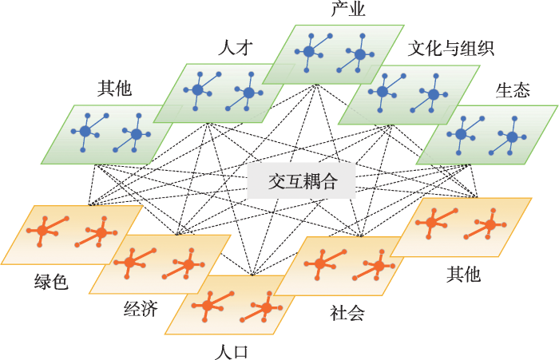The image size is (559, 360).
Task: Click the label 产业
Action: tap(348, 9)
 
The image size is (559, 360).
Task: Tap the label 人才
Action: tap(236, 47)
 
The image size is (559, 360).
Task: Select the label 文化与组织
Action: tap(450, 48)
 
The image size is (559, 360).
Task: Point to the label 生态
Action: tap(513, 90)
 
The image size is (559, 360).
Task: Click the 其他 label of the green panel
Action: tap(115, 88)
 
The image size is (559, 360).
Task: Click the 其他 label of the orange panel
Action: tap(463, 275)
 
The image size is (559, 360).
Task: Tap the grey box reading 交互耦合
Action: tap(302, 180)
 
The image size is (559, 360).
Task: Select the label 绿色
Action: tap(51, 282)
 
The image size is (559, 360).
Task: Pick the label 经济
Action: tap(141, 309)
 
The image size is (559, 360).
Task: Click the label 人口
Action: tap(232, 352)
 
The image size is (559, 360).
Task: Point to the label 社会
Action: tap(347, 313)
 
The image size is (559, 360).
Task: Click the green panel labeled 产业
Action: tap(333, 54)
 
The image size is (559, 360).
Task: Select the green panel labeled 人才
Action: tap(224, 93)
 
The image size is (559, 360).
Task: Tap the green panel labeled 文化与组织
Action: tap(409, 95)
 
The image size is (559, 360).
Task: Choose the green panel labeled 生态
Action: tap(487, 135)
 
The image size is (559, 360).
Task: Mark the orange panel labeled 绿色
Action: tap(72, 235)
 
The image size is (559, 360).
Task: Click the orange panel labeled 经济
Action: tap(160, 264)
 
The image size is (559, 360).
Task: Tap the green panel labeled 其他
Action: tap(111, 134)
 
